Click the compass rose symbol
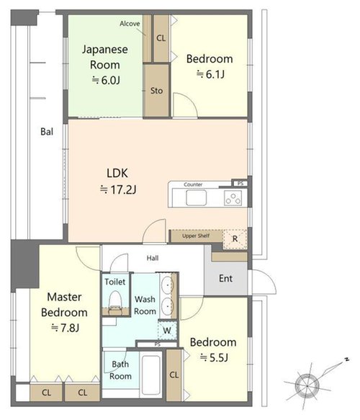coord(307,386)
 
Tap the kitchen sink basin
coord(196,197)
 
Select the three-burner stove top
coord(233,198)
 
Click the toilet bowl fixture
coord(115,303)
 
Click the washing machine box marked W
coord(167,330)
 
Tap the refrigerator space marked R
coord(235,239)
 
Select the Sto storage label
coord(156,91)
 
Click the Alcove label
coord(130,24)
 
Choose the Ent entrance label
coord(225,278)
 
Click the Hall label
coord(153,258)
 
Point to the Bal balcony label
coord(47,132)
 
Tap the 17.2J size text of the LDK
coord(118,189)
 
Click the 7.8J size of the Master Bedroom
coord(66,328)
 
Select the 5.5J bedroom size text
coord(214,357)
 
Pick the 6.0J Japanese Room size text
coord(106,80)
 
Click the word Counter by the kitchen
coord(193,184)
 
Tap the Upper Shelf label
coord(196,236)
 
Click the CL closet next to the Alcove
coord(161,38)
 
